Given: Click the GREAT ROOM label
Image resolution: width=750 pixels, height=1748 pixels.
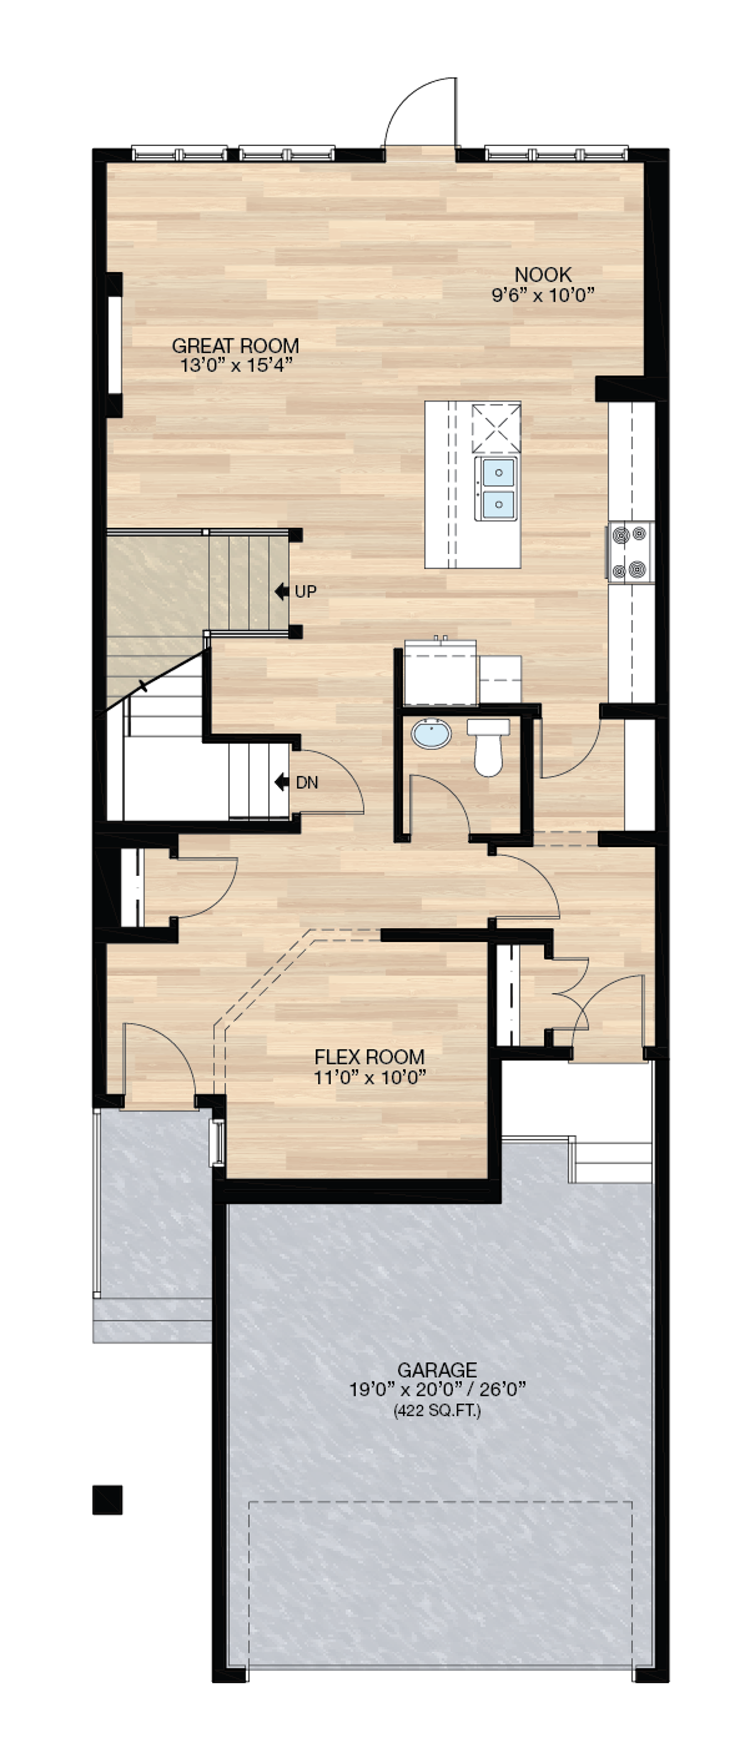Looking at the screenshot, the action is pyautogui.click(x=235, y=346).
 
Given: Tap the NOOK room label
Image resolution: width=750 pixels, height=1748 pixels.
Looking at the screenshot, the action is pyautogui.click(x=542, y=275).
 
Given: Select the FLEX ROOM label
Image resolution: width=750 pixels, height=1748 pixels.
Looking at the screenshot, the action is pyautogui.click(x=369, y=1057).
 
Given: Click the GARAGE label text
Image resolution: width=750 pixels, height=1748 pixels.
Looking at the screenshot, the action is pyautogui.click(x=436, y=1370).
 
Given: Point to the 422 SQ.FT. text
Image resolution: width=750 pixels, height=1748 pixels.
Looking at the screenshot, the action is pyautogui.click(x=437, y=1411).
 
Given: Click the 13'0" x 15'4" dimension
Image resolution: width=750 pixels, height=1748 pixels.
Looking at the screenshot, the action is pyautogui.click(x=236, y=365).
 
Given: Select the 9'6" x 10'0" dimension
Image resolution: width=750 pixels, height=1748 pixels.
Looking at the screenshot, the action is pyautogui.click(x=542, y=294).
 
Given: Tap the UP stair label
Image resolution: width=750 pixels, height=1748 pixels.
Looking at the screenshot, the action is pyautogui.click(x=306, y=592).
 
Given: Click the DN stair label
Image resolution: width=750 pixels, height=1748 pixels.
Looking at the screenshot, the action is pyautogui.click(x=307, y=782).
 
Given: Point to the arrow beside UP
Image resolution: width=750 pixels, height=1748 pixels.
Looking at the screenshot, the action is pyautogui.click(x=282, y=592).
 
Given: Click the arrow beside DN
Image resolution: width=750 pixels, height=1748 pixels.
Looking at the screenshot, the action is pyautogui.click(x=282, y=782).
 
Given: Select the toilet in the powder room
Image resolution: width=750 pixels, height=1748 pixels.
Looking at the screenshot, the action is pyautogui.click(x=487, y=746).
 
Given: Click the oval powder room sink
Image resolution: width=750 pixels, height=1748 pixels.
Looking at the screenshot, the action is pyautogui.click(x=431, y=734).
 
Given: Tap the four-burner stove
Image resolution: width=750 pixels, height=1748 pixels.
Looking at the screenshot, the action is pyautogui.click(x=630, y=552).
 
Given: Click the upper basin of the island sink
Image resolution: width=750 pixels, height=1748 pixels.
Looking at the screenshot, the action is pyautogui.click(x=498, y=472).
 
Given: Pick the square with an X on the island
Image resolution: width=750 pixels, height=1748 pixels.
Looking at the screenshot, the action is pyautogui.click(x=496, y=427).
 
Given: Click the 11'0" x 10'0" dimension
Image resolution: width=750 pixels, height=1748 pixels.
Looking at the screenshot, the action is pyautogui.click(x=369, y=1077).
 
